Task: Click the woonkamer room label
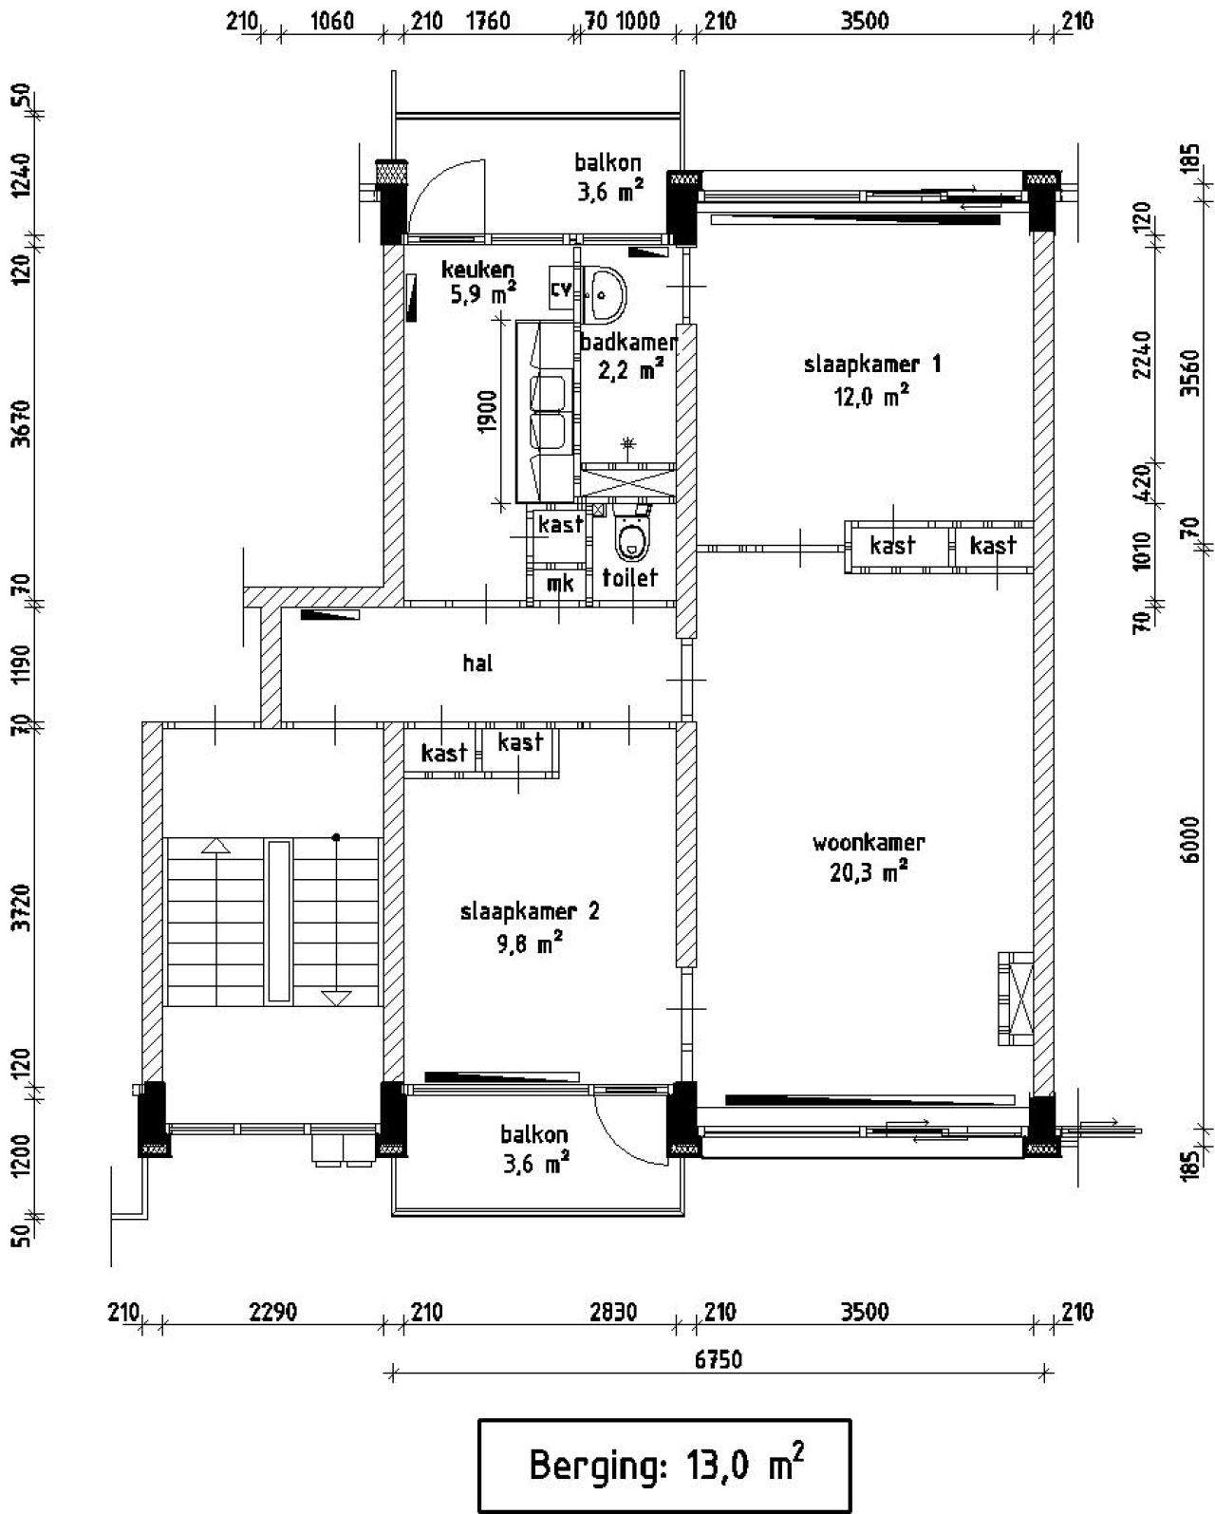pos(869,843)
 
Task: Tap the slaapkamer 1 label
pos(872,364)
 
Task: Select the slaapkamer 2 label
pos(530,913)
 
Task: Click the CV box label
pos(561,289)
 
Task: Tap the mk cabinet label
pos(560,584)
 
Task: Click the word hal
pos(477,664)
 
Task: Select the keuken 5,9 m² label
pos(478,282)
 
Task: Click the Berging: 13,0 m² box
pos(664,1465)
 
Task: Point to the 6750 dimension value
pos(718,1359)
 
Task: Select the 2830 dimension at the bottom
pos(613,1313)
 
